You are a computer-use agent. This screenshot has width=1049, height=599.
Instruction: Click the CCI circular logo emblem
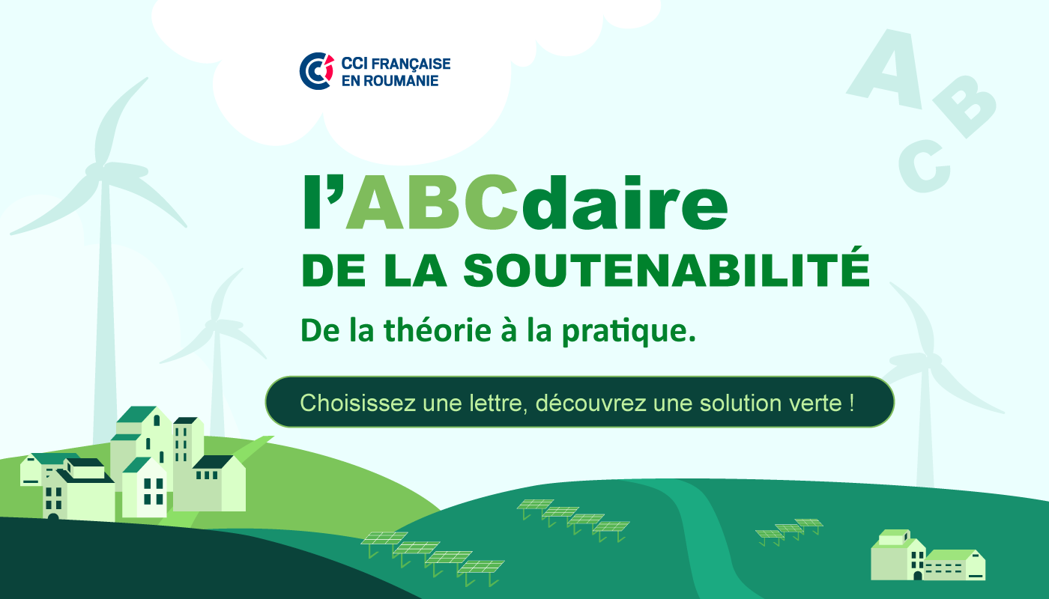point(316,70)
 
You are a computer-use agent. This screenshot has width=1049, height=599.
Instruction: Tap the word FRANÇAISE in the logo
point(411,64)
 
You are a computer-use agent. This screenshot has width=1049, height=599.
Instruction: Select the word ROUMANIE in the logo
point(401,81)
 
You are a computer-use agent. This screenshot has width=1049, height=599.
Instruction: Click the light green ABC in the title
point(432,203)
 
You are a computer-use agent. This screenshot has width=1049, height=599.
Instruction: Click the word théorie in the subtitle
point(438,330)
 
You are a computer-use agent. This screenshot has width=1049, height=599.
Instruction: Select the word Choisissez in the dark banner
point(358,403)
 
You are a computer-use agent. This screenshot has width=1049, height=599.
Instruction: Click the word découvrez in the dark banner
point(590,403)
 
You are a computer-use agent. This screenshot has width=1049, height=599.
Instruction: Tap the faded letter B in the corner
point(965,106)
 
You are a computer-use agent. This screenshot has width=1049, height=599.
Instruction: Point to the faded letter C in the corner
point(924,166)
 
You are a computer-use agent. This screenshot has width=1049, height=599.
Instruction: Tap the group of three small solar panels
point(789,531)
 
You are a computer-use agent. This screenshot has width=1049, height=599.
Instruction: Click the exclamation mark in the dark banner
point(851,403)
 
